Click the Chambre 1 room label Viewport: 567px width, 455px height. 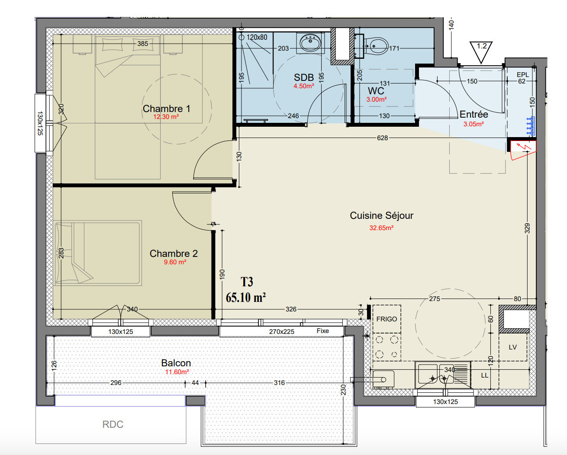point(166,109)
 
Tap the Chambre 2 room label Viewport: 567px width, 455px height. point(174,253)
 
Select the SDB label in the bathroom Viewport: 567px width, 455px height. point(304,77)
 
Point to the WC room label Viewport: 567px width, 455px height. point(376,91)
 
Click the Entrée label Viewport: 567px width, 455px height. point(474,114)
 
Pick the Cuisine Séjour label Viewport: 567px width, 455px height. point(381,215)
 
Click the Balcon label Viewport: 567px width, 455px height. point(176,363)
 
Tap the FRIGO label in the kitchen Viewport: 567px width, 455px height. point(387,319)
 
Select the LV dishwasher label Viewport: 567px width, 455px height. point(512,347)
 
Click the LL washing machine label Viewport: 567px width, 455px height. point(484,375)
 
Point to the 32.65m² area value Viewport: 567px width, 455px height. point(381,228)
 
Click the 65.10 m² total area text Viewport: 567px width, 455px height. point(245,298)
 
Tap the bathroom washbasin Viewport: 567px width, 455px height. point(310,43)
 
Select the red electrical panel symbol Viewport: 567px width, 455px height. point(523,150)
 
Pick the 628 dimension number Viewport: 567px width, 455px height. point(382,138)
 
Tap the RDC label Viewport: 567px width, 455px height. point(113,424)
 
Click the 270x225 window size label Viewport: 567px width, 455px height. point(281,331)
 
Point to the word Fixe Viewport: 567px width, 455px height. point(323,331)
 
